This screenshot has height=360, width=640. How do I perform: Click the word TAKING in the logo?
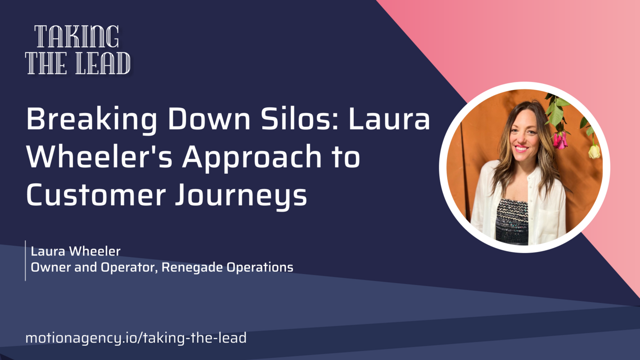(x=77, y=37)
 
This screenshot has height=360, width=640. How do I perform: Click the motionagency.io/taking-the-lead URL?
(x=136, y=337)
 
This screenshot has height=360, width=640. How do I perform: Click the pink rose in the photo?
(x=560, y=140)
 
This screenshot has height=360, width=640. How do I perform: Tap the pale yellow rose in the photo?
(x=594, y=152)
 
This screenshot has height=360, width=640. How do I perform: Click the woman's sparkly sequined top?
(x=512, y=220)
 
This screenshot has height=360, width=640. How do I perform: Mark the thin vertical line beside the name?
(x=25, y=260)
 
